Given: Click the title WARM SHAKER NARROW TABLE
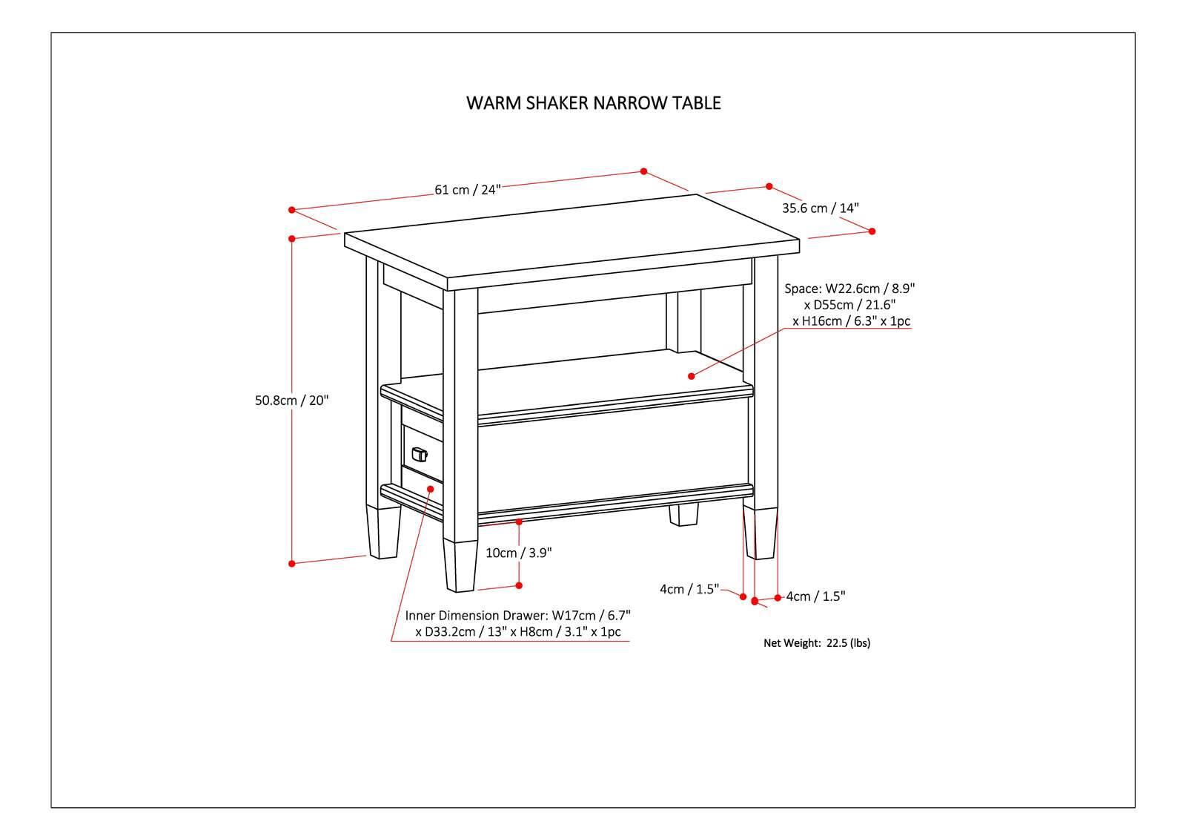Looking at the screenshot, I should click(x=593, y=102).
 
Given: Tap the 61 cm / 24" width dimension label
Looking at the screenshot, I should click(x=468, y=189).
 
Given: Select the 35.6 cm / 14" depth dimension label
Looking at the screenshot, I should click(x=820, y=208).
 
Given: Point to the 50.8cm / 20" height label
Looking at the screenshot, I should click(x=291, y=401).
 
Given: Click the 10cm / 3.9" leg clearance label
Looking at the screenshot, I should click(x=519, y=553).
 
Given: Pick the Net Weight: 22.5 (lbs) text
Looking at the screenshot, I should click(x=817, y=643).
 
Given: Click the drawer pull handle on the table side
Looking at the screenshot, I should click(x=419, y=454).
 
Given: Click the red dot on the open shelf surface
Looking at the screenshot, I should click(x=692, y=377).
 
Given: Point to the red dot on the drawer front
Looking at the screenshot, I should click(x=431, y=487).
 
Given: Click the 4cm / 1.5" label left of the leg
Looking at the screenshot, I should click(x=689, y=589).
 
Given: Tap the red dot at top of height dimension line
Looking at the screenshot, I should click(x=292, y=239).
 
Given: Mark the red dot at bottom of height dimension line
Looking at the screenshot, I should click(x=292, y=564).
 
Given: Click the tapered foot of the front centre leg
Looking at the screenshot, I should click(x=460, y=567).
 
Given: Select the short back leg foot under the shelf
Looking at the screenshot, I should click(x=684, y=515).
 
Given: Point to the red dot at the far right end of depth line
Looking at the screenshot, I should click(x=872, y=231).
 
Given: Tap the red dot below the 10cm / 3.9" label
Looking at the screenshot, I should click(x=519, y=585).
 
